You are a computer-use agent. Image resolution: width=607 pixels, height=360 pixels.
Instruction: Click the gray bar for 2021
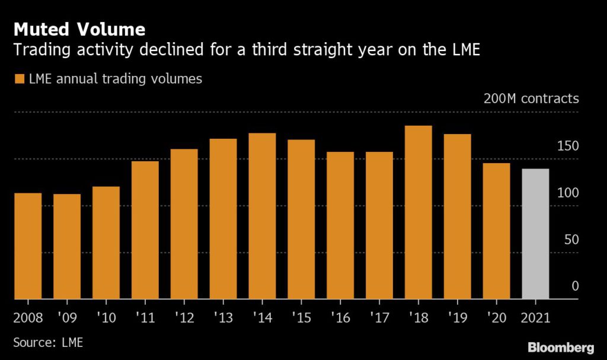tap(535, 234)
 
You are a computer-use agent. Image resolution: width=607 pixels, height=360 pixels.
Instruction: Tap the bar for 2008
tap(28, 246)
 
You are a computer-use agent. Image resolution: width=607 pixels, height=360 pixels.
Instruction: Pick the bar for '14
tap(262, 216)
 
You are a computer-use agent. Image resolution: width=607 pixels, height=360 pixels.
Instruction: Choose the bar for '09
tap(67, 247)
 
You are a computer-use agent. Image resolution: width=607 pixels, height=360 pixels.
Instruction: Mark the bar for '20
tap(496, 231)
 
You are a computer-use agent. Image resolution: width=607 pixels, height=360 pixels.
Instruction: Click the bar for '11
tap(145, 230)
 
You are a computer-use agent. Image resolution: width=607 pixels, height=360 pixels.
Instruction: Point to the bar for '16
tap(340, 225)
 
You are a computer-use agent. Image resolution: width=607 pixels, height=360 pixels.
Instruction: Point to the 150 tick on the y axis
tap(567, 146)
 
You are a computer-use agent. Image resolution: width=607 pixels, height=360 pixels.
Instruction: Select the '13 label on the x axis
tap(223, 317)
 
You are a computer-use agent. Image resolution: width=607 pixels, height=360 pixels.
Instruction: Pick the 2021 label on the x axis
tap(535, 317)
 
